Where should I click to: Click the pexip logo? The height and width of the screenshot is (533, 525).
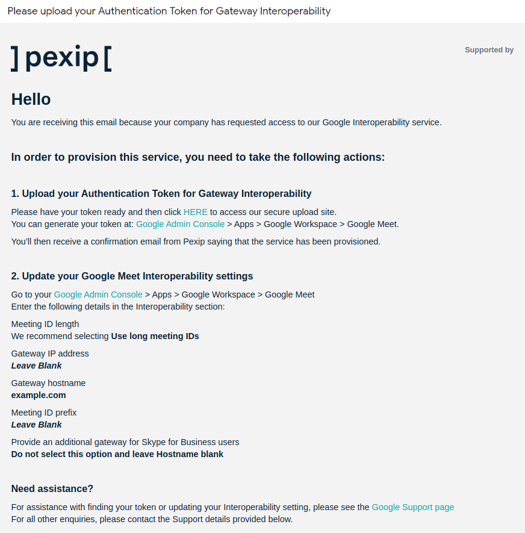point(61,57)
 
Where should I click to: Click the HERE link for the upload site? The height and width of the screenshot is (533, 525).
point(196,212)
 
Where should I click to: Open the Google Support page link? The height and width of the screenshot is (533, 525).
point(412,507)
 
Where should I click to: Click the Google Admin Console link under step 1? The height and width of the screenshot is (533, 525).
point(180,224)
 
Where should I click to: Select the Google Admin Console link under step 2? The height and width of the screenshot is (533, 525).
point(98,295)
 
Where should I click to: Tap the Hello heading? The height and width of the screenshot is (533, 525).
point(31,99)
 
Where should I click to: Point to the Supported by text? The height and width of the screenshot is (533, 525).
point(489,50)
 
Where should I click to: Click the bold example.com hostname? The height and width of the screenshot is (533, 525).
point(39,395)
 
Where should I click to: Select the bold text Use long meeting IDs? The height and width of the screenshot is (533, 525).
point(155,336)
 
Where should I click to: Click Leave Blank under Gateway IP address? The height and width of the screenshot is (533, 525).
point(37,366)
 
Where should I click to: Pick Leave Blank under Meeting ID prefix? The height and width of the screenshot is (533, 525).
point(37,425)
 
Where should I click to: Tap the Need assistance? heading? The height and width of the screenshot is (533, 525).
point(52,488)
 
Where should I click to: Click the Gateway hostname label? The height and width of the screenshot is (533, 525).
point(48,383)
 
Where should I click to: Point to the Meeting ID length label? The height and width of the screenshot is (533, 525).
point(45,324)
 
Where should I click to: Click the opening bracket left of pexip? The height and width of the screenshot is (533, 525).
point(15,58)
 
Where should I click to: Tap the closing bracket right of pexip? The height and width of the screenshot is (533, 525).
point(108,58)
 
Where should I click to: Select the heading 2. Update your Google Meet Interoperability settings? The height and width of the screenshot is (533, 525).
point(132,276)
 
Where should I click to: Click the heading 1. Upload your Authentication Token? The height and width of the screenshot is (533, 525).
point(161,193)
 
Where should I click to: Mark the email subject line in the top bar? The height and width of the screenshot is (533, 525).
point(169,11)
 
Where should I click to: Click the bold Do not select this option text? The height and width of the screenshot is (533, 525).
point(117,454)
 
